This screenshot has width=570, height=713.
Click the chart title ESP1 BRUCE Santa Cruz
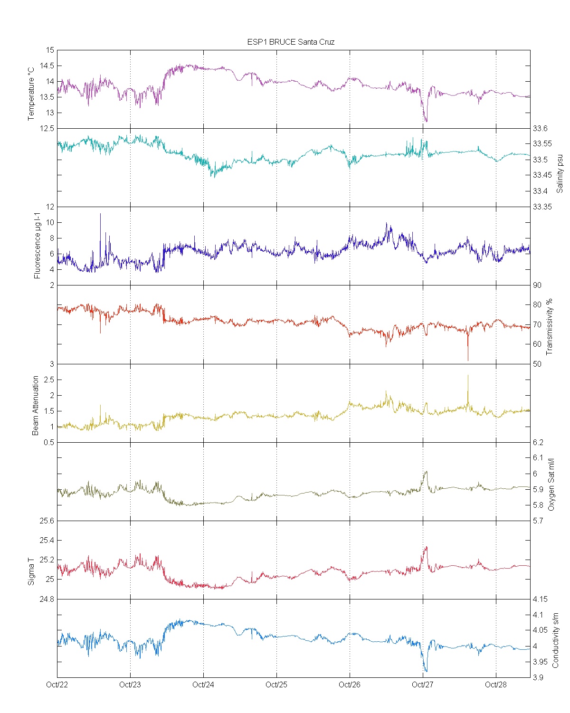coord(291,42)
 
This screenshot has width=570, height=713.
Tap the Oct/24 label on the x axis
coord(203,684)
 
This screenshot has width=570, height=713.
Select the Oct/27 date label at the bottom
coord(422,684)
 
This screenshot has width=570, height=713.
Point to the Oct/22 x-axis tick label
coord(57,684)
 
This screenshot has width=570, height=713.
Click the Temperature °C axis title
coord(31,94)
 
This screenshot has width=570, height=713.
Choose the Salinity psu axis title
coord(560,173)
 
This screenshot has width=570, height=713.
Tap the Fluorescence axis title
coord(37,246)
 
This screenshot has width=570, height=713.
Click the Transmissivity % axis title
coord(550,327)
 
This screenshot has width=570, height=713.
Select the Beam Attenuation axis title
coord(36,406)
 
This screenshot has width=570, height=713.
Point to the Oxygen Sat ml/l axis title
coord(551,485)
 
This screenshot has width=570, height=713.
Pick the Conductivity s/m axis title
coord(555,640)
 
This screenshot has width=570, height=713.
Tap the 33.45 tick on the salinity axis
coord(542,175)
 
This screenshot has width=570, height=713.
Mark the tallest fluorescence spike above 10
coord(100,214)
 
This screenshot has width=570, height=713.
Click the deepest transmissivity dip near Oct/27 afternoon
coord(468,360)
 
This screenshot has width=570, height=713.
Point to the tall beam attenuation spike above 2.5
coord(468,376)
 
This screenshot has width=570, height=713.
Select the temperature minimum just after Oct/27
coord(426,122)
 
